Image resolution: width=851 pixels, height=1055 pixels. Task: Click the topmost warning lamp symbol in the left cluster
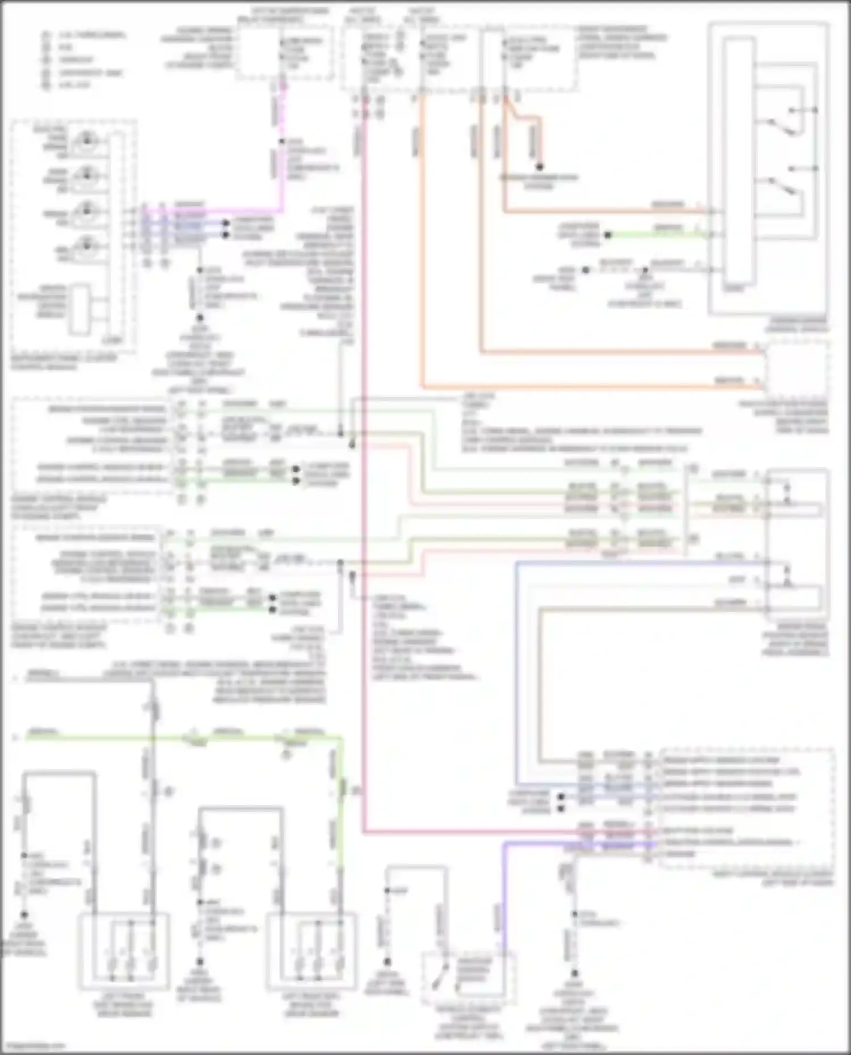(x=86, y=139)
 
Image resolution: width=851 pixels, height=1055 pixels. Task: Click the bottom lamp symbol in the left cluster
(x=86, y=245)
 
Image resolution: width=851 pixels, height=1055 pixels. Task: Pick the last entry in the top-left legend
(x=45, y=85)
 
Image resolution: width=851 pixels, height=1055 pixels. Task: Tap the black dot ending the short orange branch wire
(x=540, y=167)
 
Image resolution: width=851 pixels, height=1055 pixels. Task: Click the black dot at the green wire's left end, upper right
(x=608, y=234)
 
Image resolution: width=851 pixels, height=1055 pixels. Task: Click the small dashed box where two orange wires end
(x=795, y=367)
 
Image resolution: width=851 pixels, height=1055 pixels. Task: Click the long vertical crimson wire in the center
(x=363, y=454)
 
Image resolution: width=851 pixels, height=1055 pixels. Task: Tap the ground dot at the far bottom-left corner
(x=24, y=914)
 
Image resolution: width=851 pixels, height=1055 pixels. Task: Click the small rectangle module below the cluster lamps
(x=79, y=310)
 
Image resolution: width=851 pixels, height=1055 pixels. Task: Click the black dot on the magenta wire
(x=281, y=141)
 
